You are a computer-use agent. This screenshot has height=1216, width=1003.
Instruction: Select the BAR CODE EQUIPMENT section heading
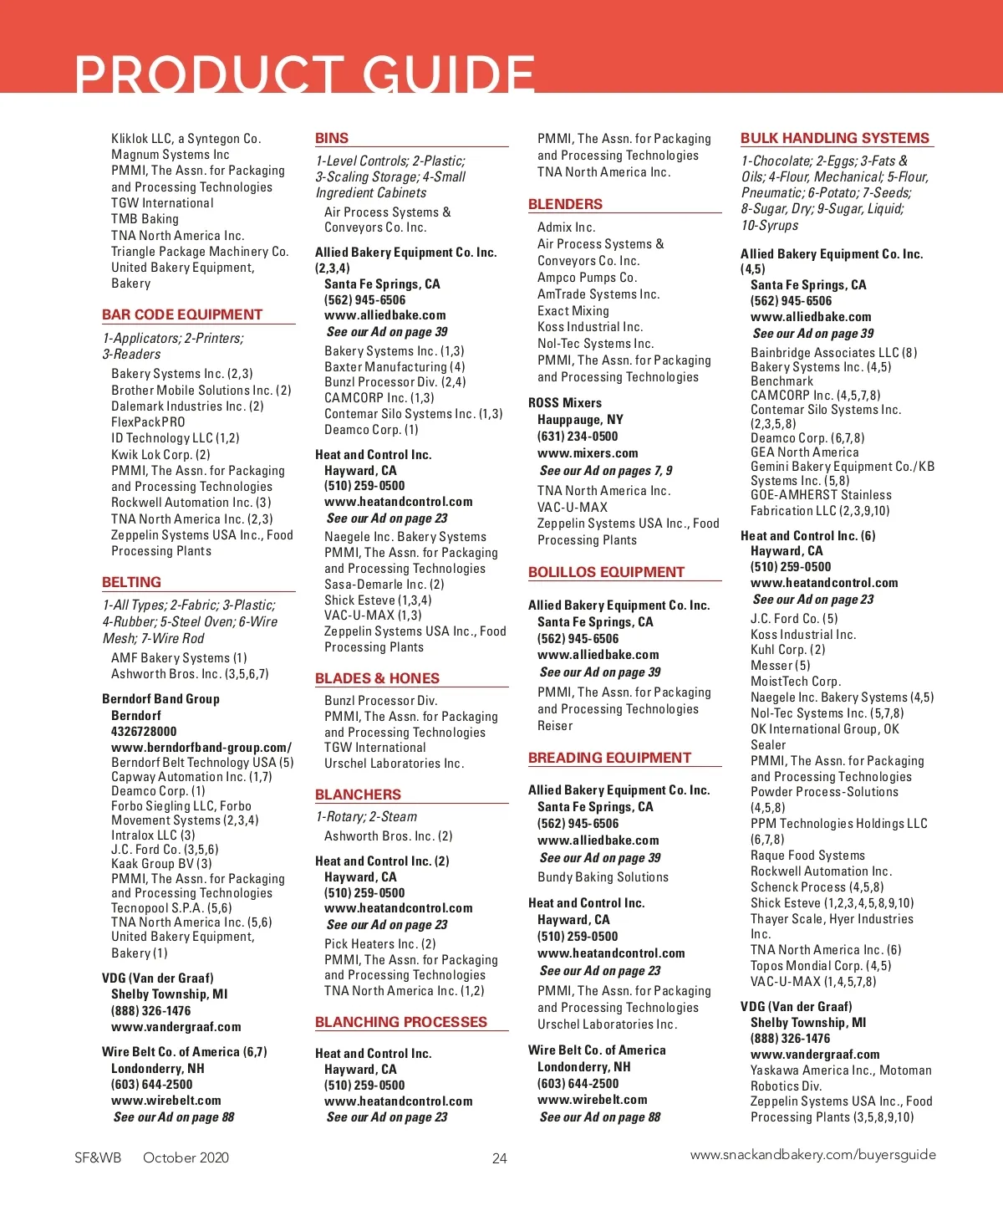[x=182, y=314]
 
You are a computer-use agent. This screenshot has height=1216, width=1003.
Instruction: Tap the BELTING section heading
[x=131, y=582]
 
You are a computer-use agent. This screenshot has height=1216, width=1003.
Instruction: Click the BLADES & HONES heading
[x=377, y=678]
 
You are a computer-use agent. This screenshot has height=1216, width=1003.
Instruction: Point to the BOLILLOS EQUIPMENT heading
[x=606, y=572]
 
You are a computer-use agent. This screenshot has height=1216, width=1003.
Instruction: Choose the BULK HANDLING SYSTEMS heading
[x=834, y=138]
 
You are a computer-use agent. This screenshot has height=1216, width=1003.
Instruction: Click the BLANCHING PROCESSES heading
[x=400, y=1022]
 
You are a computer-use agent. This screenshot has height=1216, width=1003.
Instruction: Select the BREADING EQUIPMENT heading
[x=609, y=758]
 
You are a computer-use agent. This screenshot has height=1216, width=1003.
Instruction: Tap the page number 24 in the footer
[x=500, y=1158]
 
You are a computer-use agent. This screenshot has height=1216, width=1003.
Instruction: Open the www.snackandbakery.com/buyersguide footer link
[x=812, y=1155]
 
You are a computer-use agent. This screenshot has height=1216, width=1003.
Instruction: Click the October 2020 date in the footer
[x=186, y=1157]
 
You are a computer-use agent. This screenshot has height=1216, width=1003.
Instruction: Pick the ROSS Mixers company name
[x=565, y=403]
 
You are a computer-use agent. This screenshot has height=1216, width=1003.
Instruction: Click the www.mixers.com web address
[x=588, y=453]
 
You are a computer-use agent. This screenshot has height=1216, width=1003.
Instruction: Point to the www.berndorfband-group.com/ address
[x=201, y=748]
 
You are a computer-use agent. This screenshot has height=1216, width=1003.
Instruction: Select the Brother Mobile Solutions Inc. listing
[x=201, y=390]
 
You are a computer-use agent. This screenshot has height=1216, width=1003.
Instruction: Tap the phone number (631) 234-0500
[x=578, y=437]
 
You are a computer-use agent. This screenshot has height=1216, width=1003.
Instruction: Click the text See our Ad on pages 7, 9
[x=605, y=471]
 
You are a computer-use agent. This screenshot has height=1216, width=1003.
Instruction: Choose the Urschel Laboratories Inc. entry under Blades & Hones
[x=394, y=764]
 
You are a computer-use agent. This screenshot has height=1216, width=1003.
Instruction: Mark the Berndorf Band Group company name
[x=160, y=699]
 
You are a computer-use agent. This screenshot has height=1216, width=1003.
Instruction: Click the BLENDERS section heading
[x=565, y=204]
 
